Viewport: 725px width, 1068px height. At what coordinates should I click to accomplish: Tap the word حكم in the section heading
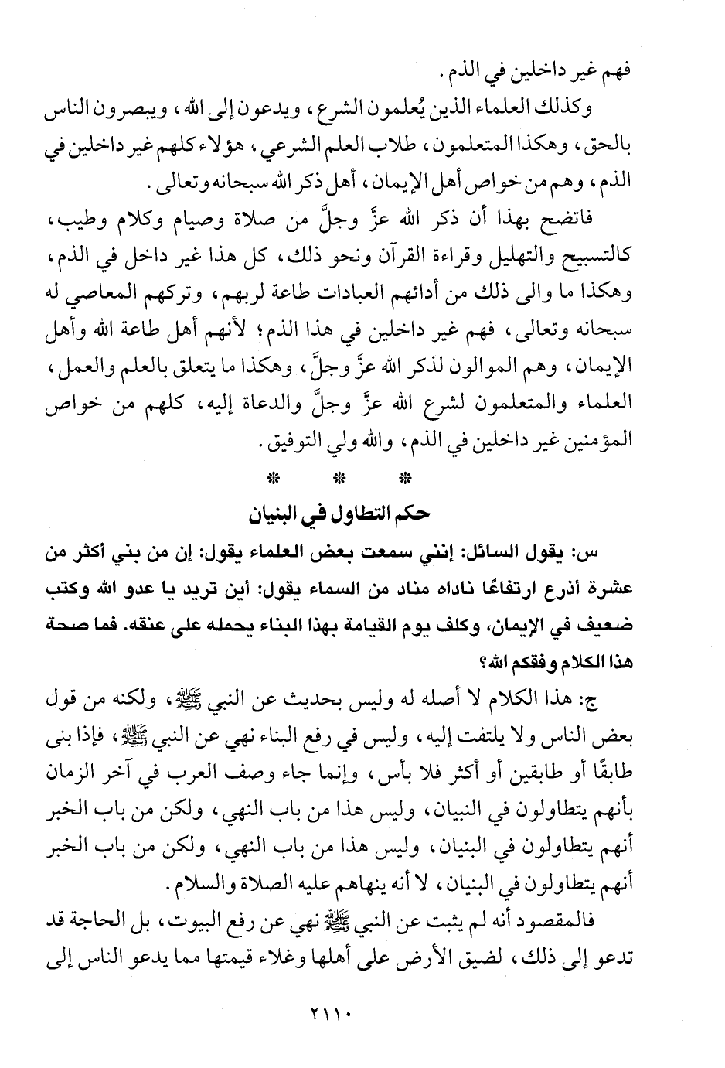[413, 514]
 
